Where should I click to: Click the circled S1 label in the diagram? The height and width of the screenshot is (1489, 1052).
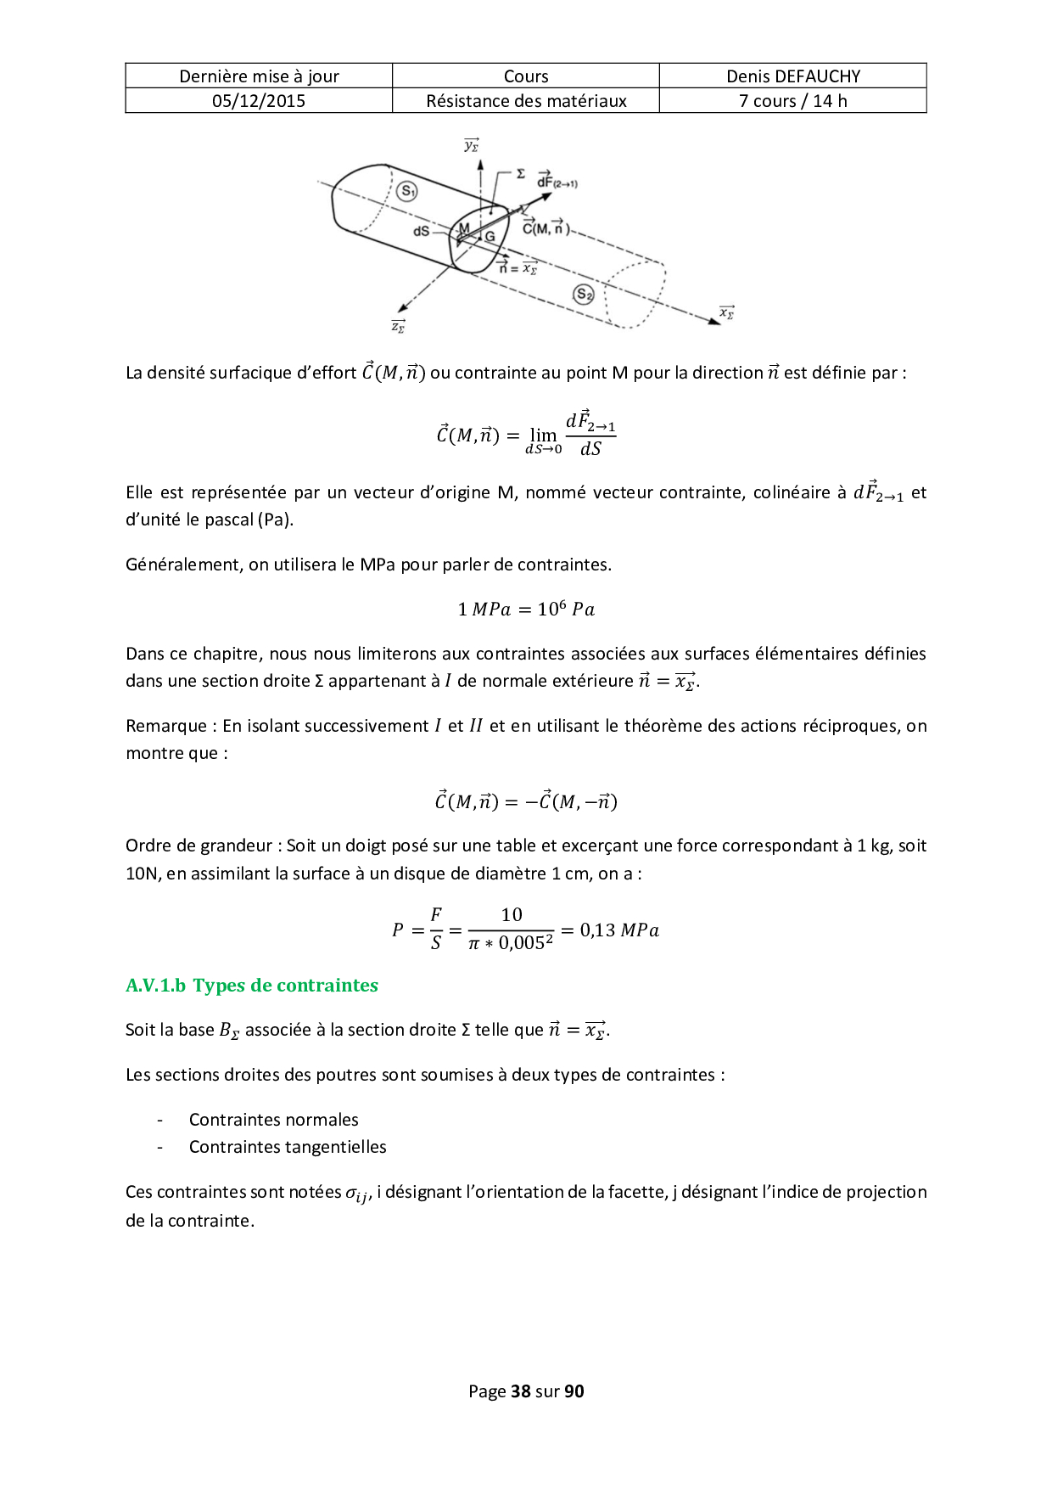point(407,191)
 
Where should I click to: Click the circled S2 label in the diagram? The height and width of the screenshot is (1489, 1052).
point(584,295)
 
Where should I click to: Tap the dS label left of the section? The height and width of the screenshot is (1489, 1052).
point(422,231)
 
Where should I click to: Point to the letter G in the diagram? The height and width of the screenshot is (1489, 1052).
point(490,237)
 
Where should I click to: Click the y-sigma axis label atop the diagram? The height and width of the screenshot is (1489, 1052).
point(472,145)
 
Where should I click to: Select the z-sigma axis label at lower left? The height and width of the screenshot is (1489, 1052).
point(397,326)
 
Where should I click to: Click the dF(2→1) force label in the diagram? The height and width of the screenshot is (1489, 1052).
point(557,181)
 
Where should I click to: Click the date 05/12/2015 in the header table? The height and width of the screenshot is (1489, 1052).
point(259,101)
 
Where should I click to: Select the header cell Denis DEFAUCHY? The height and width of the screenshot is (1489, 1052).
point(792,76)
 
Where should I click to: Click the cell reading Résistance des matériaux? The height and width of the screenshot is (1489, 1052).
point(526,101)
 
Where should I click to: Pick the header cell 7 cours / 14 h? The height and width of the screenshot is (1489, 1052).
point(792,101)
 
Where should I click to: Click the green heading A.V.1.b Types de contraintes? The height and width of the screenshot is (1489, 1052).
point(251,986)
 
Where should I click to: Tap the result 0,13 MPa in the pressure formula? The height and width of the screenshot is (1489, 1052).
point(619,930)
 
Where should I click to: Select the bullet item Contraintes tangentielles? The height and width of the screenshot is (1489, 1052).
point(288,1147)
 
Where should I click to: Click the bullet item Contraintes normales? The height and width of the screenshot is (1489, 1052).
point(273,1120)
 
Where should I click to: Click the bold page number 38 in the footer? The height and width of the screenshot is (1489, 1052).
point(521,1391)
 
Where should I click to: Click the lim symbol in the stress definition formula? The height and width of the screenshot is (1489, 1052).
point(543,435)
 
